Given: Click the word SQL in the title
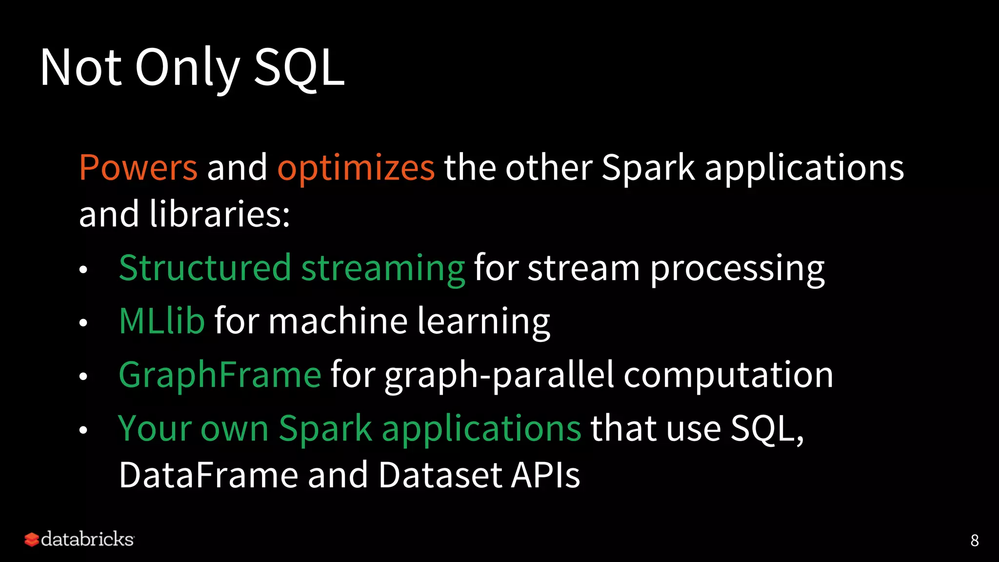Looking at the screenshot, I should click(299, 68).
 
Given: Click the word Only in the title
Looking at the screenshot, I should click(187, 68).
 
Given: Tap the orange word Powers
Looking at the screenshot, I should click(138, 167).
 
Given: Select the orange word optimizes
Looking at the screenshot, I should click(356, 167).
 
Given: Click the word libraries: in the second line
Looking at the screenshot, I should click(220, 214).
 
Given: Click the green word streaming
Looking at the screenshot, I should click(383, 268).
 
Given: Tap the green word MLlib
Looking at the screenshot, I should click(161, 321).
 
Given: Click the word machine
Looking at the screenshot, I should click(338, 321).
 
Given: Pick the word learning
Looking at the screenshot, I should click(483, 321).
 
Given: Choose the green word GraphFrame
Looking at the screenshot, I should click(220, 375).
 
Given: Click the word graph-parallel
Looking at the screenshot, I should click(499, 375).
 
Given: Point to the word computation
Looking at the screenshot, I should click(728, 375).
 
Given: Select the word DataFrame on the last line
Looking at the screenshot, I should click(208, 475).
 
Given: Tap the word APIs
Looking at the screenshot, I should click(545, 475).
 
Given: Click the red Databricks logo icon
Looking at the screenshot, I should click(32, 540).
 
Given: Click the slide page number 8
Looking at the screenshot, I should click(974, 541).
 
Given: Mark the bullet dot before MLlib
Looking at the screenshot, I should click(83, 323).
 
